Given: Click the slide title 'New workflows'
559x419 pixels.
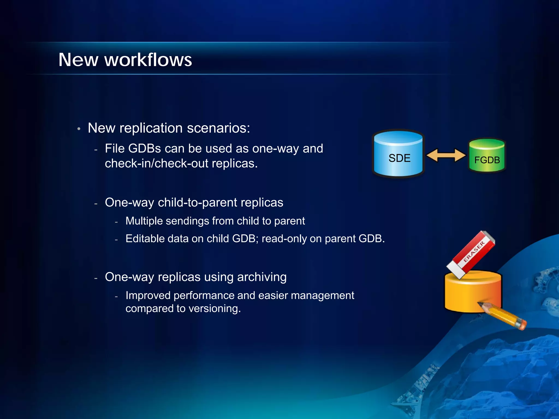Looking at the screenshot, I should (x=125, y=60).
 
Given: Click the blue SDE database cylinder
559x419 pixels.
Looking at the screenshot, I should (x=398, y=154).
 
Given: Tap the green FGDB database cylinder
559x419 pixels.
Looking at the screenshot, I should (x=487, y=155).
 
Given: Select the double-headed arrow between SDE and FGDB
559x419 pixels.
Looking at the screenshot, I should (x=446, y=155).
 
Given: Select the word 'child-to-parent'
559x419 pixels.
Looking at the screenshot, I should (x=197, y=203).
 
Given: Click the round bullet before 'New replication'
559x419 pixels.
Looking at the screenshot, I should (x=79, y=129).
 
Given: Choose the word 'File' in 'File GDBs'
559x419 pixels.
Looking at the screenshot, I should (x=115, y=149).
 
